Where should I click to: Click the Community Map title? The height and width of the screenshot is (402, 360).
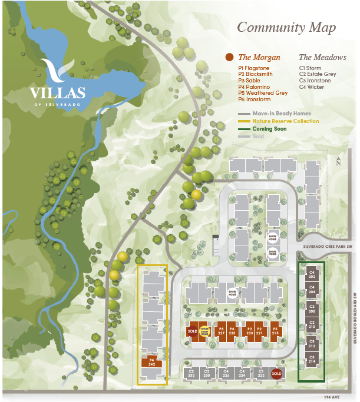coord(286,28)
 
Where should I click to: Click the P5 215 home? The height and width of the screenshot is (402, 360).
coord(275,331)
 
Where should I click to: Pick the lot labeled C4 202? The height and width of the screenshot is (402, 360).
coord(312,274)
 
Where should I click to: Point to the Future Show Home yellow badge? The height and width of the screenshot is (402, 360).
coord(205,331)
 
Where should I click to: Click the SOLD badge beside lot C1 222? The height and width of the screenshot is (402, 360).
coord(277,373)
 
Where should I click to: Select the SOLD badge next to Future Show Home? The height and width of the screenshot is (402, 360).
coord(191,331)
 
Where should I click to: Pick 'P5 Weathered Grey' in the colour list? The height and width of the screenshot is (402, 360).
coord(263,93)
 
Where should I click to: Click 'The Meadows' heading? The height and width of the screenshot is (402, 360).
coord(322,58)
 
